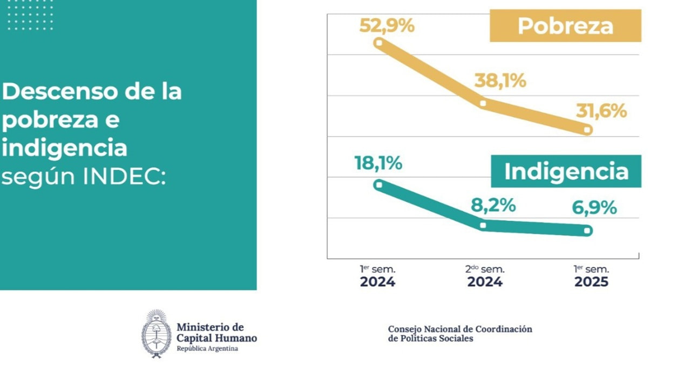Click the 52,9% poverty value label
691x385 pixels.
pyautogui.click(x=387, y=25)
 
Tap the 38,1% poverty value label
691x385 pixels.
pyautogui.click(x=500, y=80)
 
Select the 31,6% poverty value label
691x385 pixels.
pyautogui.click(x=601, y=111)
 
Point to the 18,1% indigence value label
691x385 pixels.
pyautogui.click(x=378, y=163)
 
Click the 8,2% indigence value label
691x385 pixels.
pyautogui.click(x=493, y=205)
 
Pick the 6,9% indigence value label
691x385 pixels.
pyautogui.click(x=594, y=207)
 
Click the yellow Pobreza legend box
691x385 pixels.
pyautogui.click(x=565, y=26)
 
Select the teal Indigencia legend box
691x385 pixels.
pyautogui.click(x=566, y=171)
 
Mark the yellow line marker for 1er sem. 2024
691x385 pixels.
pyautogui.click(x=379, y=42)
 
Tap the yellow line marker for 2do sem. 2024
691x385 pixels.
pyautogui.click(x=483, y=103)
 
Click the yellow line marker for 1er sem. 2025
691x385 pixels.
pyautogui.click(x=588, y=130)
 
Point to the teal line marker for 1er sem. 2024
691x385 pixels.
pyautogui.click(x=379, y=185)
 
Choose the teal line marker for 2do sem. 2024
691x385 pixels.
pyautogui.click(x=483, y=225)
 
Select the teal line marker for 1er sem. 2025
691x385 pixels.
pyautogui.click(x=587, y=231)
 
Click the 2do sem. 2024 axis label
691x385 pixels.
pyautogui.click(x=485, y=276)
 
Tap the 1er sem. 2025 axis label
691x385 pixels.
pyautogui.click(x=591, y=276)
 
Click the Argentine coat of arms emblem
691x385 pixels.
pyautogui.click(x=157, y=334)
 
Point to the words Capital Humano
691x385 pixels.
pyautogui.click(x=216, y=339)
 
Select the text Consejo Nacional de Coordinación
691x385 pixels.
pyautogui.click(x=460, y=329)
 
